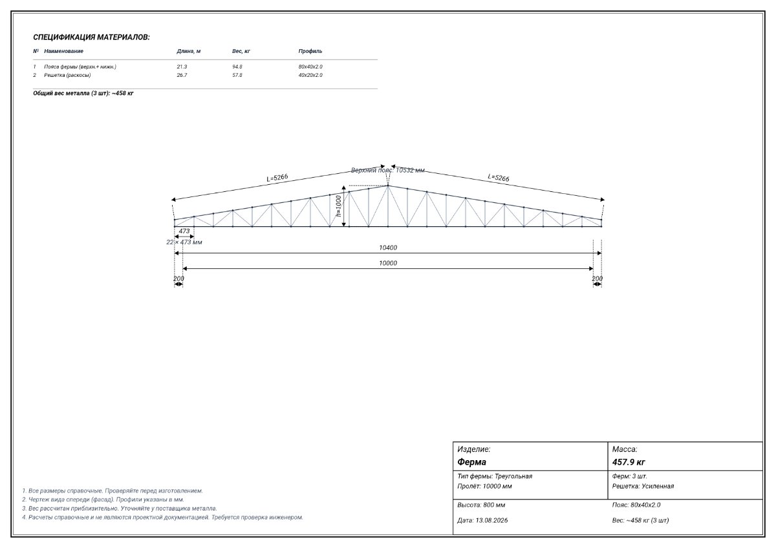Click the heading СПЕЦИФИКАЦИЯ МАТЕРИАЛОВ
tap(91, 37)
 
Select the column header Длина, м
tap(188, 51)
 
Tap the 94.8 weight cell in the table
tap(237, 67)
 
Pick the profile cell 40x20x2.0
tap(310, 75)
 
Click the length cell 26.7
tap(182, 75)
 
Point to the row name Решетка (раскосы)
tap(67, 75)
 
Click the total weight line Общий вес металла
tap(83, 93)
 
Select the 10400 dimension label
tap(388, 248)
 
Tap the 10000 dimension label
tap(388, 264)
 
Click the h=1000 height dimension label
tap(338, 206)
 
